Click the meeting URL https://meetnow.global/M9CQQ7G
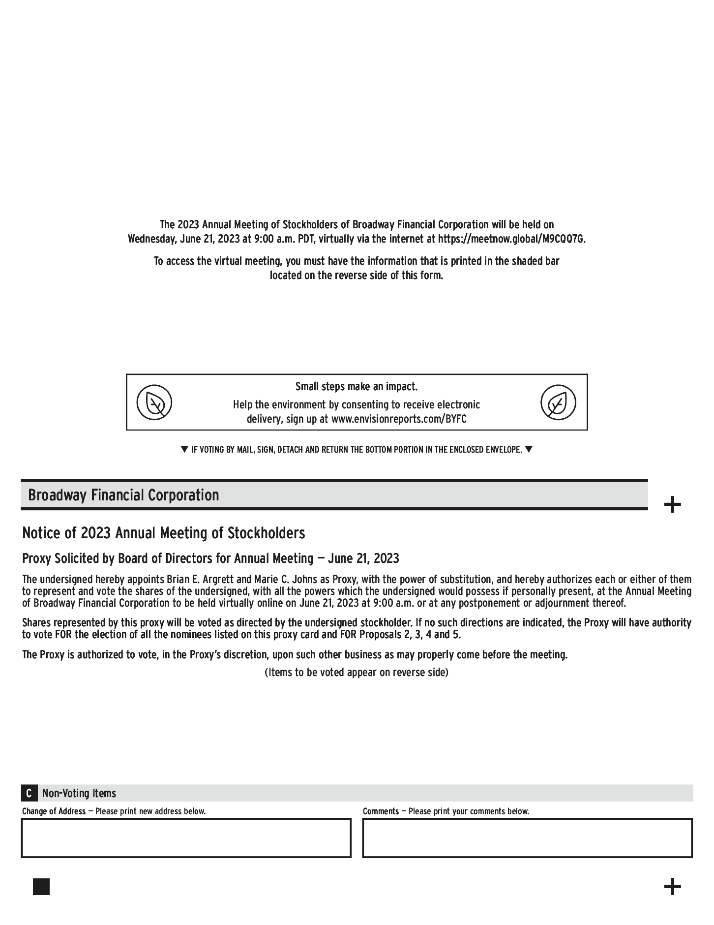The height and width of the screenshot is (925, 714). coord(511,239)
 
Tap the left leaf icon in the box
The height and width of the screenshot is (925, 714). coord(154,402)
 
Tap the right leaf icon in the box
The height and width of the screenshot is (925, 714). coord(558,402)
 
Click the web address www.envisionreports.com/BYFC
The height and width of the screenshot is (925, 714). coord(399,419)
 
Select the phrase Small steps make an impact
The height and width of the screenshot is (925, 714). coord(357,387)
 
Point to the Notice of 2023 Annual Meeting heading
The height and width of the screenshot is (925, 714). coord(163,533)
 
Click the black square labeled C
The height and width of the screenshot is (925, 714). coord(29,793)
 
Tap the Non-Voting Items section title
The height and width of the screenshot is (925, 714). coord(79,793)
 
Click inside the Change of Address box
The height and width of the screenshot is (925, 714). coord(186,838)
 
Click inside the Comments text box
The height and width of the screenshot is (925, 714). coord(527,838)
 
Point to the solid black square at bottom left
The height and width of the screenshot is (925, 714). coord(41,887)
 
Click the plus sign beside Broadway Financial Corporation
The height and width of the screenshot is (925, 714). coord(672,505)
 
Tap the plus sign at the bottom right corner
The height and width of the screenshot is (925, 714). coord(672,887)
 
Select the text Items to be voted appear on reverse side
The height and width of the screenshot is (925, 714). coord(357,672)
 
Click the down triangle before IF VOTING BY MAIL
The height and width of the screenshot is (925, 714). coord(184,449)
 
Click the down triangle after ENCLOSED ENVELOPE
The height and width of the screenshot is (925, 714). coord(529,449)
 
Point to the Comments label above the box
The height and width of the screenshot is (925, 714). coord(381,811)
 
